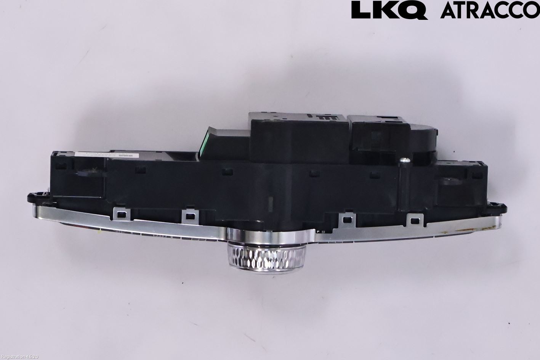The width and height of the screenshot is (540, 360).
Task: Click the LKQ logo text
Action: pos(389,10)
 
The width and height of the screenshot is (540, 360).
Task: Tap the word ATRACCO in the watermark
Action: pos(490,10)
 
